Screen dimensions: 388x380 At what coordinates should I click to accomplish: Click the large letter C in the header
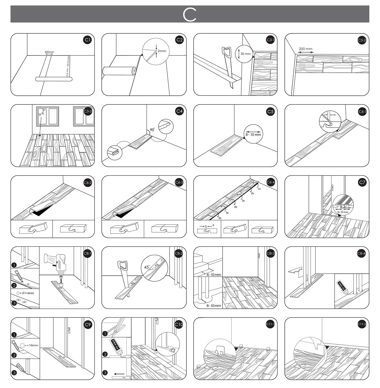(x=189, y=14)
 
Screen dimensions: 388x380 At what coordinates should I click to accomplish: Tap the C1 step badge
(x=88, y=40)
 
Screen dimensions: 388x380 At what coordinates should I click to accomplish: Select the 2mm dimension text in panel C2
(x=162, y=51)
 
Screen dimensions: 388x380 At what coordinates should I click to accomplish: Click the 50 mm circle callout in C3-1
(x=244, y=54)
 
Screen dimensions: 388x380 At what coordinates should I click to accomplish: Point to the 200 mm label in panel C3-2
(x=305, y=49)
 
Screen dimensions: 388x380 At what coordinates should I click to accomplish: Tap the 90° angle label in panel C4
(x=152, y=130)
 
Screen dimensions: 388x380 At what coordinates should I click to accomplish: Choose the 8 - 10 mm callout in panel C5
(x=253, y=134)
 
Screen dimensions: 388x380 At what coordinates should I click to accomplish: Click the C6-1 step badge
(x=362, y=111)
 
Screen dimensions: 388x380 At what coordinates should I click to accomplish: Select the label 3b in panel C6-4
(x=220, y=218)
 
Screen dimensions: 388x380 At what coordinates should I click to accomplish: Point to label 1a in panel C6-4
(x=259, y=189)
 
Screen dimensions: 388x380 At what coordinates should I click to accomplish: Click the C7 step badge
(x=362, y=182)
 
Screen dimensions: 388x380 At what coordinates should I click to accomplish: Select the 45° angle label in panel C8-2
(x=147, y=267)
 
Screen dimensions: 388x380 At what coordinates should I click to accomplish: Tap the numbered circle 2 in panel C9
(x=14, y=355)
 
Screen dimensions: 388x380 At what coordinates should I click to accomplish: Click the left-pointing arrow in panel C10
(x=119, y=374)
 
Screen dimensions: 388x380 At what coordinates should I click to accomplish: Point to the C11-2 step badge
(x=362, y=324)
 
